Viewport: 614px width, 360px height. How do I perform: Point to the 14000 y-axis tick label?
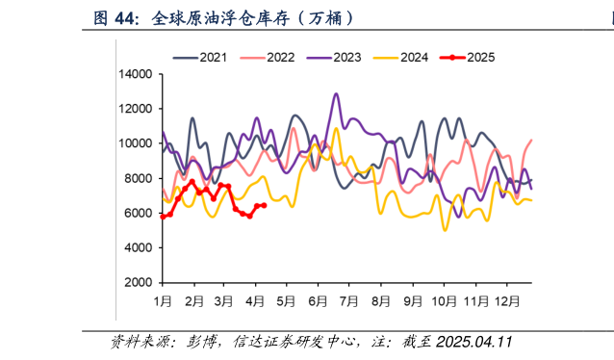tap(136, 74)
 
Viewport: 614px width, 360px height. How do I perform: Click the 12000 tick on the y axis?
tap(136, 109)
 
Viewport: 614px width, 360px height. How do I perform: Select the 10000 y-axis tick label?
tap(136, 143)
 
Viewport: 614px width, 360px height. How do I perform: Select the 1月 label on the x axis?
tap(163, 300)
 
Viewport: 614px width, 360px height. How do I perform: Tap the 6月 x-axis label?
tap(319, 300)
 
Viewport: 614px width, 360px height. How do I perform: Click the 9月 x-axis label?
tap(413, 300)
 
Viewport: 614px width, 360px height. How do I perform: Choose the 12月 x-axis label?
tap(506, 300)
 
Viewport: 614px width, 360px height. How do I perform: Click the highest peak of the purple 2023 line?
tap(336, 94)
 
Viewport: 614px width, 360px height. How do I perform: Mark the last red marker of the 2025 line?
tap(264, 205)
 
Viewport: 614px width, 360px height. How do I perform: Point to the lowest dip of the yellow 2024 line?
tap(445, 229)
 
